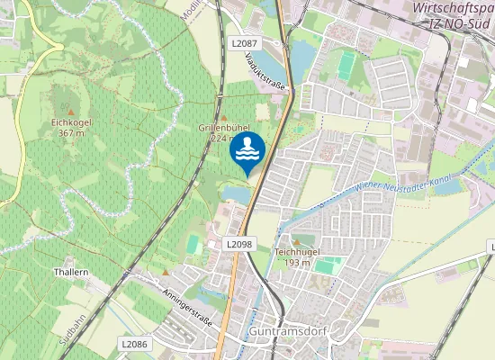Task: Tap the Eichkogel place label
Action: (x=72, y=122)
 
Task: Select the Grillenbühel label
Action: (x=222, y=128)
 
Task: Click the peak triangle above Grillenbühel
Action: (x=224, y=116)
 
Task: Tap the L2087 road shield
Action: (x=243, y=42)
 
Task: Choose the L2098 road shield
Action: (x=239, y=244)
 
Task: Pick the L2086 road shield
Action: (x=134, y=344)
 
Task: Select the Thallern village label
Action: (x=71, y=272)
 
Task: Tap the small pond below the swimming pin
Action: (x=236, y=194)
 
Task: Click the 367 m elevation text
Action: (x=71, y=133)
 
